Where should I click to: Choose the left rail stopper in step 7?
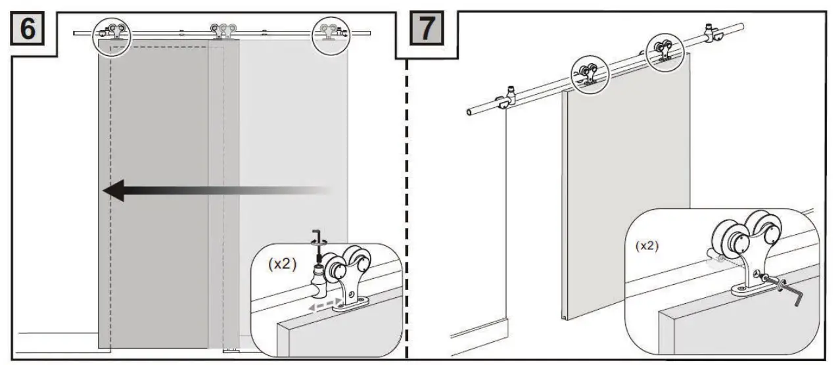pos(507,98)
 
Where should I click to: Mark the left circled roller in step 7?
pos(590,72)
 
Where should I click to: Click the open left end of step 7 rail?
pos(469,113)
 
